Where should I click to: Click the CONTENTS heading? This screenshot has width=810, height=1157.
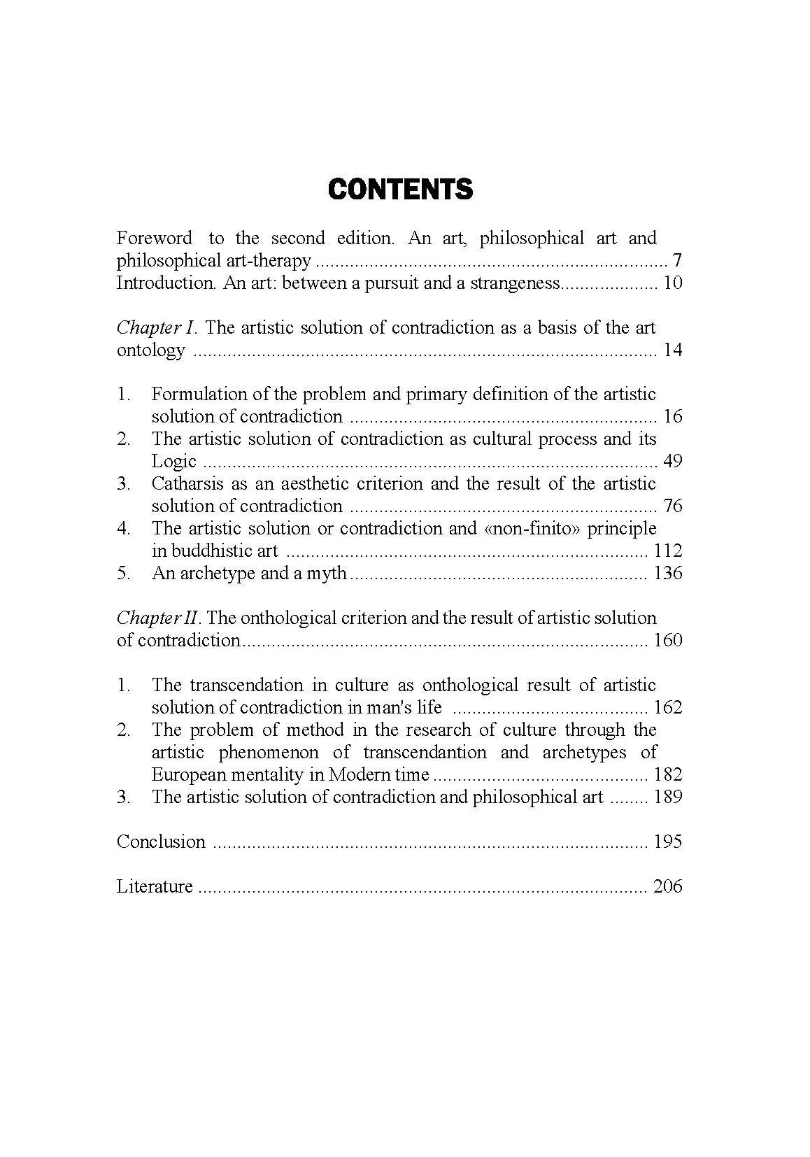click(400, 190)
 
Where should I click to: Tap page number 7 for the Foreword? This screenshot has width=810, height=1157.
click(676, 261)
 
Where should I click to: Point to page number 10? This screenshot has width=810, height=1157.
click(672, 283)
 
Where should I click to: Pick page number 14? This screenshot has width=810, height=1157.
click(672, 350)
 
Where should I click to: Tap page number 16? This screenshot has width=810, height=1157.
click(672, 417)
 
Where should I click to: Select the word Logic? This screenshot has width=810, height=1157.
click(173, 462)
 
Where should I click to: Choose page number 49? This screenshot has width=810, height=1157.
click(672, 462)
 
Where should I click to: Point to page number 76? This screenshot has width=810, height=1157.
click(672, 506)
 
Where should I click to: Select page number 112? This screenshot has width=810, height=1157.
click(667, 551)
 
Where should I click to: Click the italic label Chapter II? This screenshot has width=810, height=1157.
click(159, 618)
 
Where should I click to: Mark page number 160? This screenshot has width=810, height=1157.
click(667, 641)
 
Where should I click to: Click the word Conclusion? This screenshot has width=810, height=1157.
click(161, 842)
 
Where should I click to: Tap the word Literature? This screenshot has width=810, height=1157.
click(155, 886)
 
